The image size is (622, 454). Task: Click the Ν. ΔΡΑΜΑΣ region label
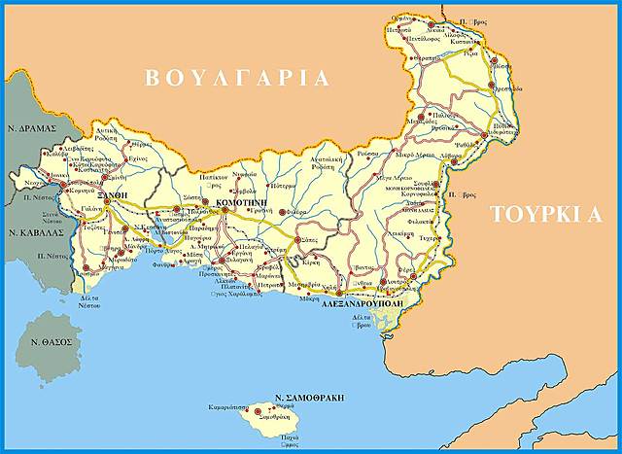tap(30, 127)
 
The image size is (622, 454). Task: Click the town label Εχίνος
tap(138, 157)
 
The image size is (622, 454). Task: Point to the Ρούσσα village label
tap(367, 153)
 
